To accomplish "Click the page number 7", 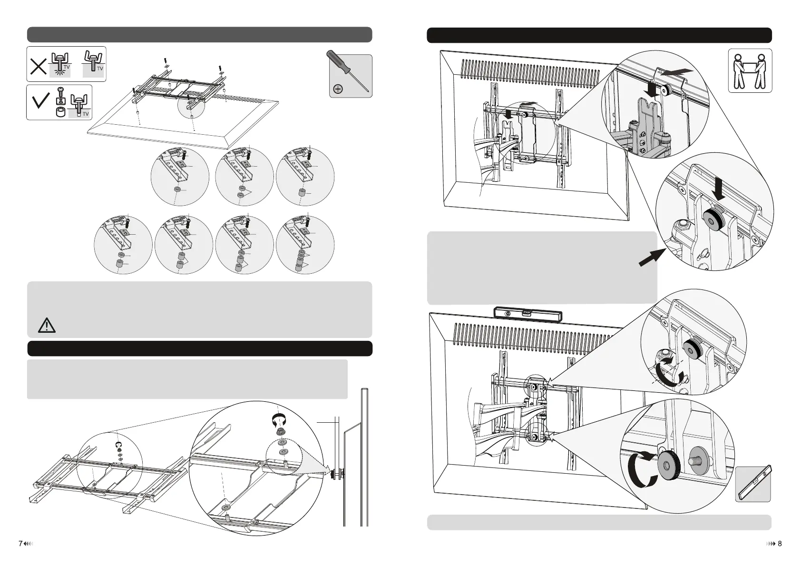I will point(20,544).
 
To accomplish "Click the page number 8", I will point(780,544).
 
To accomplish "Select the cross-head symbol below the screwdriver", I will point(338,89).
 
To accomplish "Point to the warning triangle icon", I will point(47,326).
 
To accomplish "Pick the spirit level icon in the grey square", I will point(753,483).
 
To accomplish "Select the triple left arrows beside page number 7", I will point(28,544).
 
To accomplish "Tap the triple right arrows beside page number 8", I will point(770,544).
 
